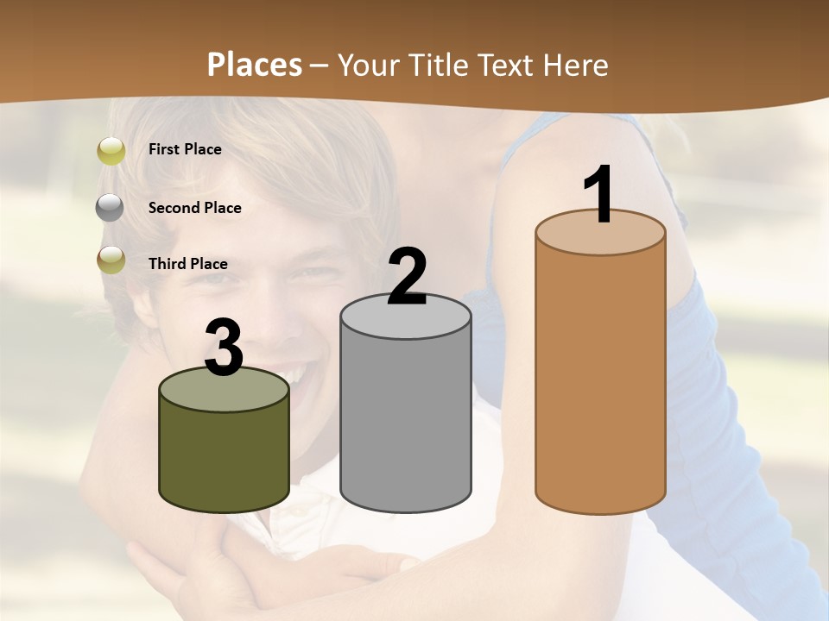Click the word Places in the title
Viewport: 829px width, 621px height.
pyautogui.click(x=255, y=65)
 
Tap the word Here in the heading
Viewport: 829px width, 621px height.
pyautogui.click(x=575, y=65)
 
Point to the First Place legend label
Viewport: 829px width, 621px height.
pyautogui.click(x=185, y=149)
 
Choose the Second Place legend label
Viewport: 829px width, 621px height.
pyautogui.click(x=194, y=208)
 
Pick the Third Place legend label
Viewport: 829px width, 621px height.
pyautogui.click(x=187, y=264)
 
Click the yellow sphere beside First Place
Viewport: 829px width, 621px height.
pyautogui.click(x=111, y=150)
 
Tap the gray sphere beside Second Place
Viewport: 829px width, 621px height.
pyautogui.click(x=110, y=208)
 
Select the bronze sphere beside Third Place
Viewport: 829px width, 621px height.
pyautogui.click(x=111, y=260)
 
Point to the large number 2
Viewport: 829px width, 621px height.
pyautogui.click(x=407, y=277)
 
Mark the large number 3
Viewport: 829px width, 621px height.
pyautogui.click(x=224, y=348)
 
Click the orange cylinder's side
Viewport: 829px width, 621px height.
pyautogui.click(x=600, y=379)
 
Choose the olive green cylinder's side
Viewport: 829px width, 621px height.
pyautogui.click(x=224, y=457)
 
